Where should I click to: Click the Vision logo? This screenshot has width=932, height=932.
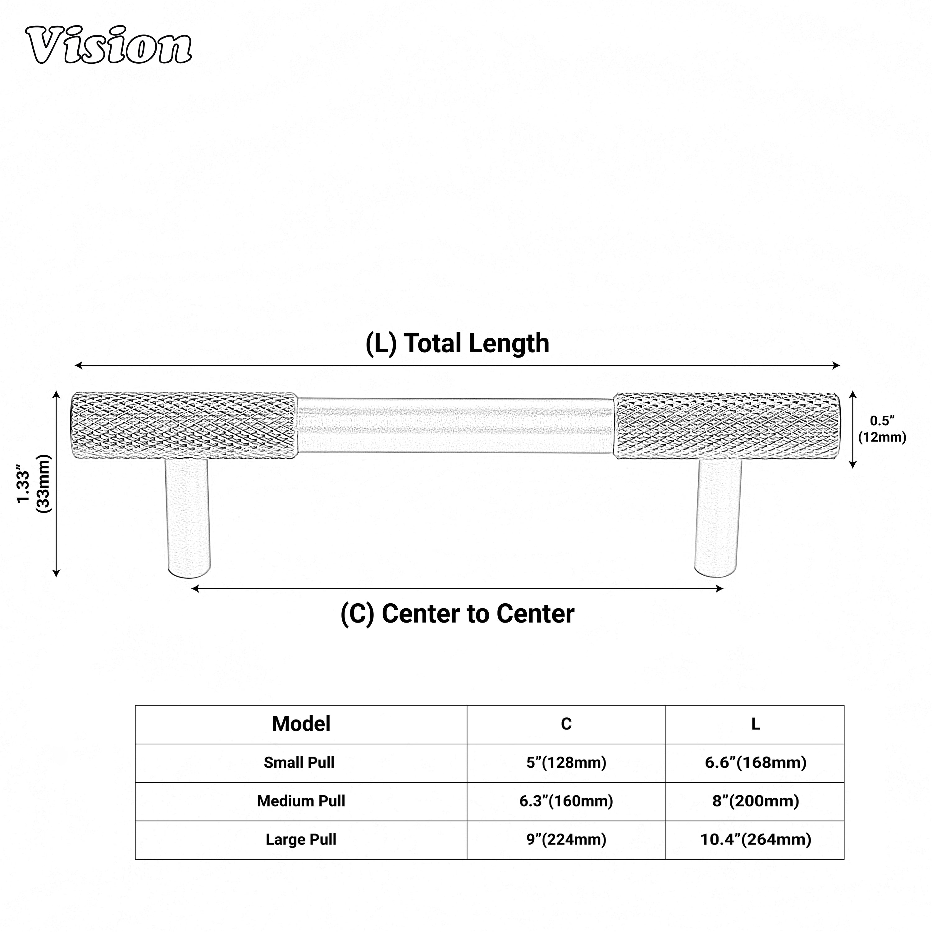click(x=109, y=46)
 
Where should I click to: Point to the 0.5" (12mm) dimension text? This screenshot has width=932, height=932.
click(x=882, y=429)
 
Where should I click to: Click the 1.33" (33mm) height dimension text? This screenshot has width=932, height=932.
click(x=34, y=484)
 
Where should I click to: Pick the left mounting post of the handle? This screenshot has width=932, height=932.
click(x=188, y=516)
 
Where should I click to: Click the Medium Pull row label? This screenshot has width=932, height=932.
click(x=301, y=801)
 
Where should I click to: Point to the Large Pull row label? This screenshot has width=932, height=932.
click(x=301, y=840)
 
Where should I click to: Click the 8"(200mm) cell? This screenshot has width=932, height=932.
click(x=756, y=801)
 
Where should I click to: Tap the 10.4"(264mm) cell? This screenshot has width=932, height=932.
click(x=756, y=840)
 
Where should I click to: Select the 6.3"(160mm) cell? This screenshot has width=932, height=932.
click(x=566, y=801)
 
